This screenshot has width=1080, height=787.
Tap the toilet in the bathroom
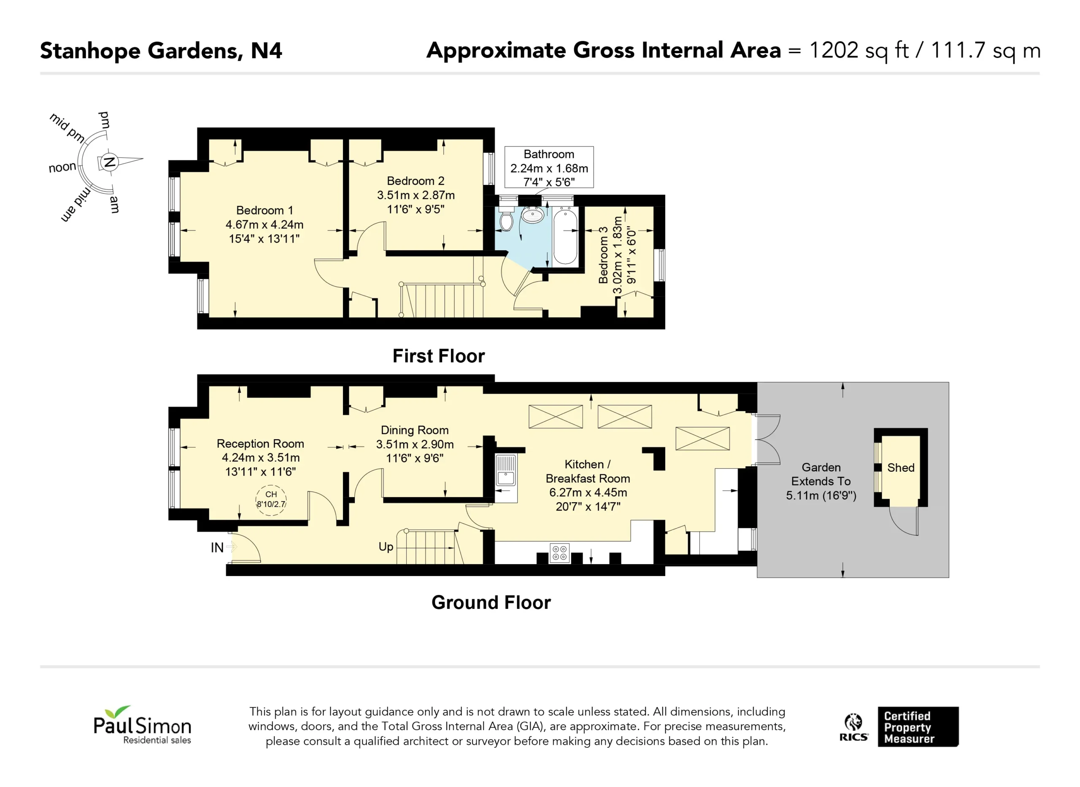[506, 218]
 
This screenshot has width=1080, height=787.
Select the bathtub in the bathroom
[566, 235]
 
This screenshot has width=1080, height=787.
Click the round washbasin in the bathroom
[533, 215]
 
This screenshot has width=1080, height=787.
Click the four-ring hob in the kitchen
[559, 553]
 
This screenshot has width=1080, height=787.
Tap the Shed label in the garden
[901, 468]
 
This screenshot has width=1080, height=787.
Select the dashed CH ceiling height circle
[271, 500]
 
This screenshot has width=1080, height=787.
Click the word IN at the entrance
[217, 548]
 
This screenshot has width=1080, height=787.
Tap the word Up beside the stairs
[386, 547]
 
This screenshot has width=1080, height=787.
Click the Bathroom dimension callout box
[549, 167]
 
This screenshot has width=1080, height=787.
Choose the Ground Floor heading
[491, 603]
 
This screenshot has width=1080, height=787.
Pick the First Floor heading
[439, 356]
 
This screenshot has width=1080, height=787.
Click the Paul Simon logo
[142, 725]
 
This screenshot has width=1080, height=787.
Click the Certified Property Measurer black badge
[918, 727]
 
